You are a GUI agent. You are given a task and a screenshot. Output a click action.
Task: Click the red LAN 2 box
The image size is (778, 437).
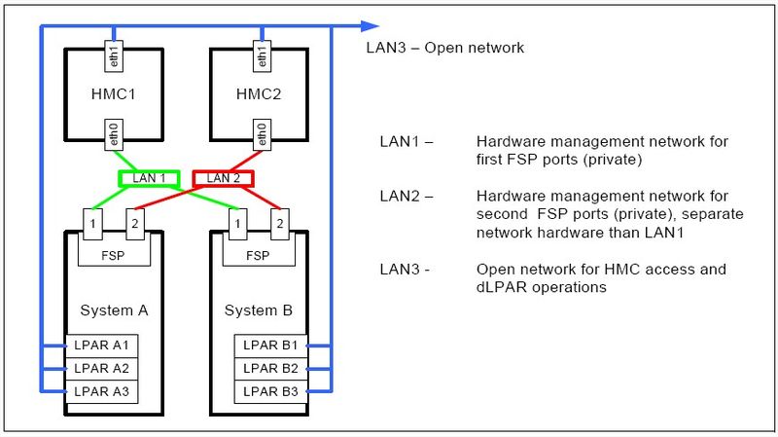(x=223, y=178)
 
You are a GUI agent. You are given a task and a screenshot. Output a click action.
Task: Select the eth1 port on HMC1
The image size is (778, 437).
(x=114, y=55)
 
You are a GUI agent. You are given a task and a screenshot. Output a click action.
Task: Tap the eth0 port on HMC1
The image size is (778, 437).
(x=114, y=133)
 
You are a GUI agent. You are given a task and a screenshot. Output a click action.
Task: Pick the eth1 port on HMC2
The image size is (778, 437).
(x=260, y=55)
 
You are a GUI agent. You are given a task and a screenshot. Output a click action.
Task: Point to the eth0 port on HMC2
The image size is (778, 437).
(x=260, y=133)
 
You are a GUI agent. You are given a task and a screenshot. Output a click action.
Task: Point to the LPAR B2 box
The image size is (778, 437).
(x=271, y=369)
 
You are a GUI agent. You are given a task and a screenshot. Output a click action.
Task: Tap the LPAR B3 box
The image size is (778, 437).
(x=271, y=392)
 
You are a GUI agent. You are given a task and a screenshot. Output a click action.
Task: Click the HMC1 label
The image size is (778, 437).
(x=114, y=93)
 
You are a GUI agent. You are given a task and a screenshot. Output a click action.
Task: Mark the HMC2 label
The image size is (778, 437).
(x=260, y=93)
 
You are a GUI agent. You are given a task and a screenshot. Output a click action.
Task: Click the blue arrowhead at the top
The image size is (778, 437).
(x=370, y=26)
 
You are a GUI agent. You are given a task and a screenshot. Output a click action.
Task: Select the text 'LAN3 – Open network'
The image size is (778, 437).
(x=446, y=47)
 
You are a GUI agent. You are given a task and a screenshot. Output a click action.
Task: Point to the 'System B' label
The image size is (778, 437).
(x=259, y=310)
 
